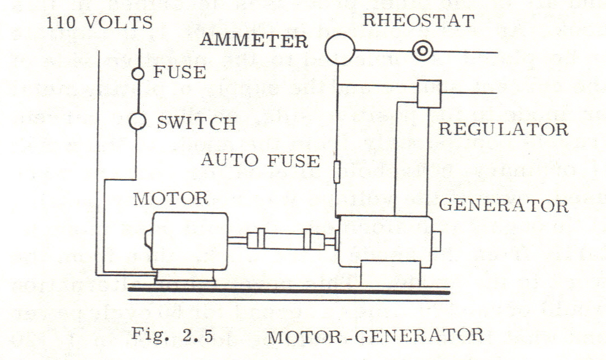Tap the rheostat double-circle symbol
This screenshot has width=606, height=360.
(x=422, y=52)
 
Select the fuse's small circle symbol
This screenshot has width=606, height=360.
(x=139, y=73)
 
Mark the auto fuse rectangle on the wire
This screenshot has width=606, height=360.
(x=337, y=171)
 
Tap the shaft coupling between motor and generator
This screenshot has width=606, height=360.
(x=281, y=240)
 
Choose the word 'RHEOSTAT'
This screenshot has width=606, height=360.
(x=418, y=21)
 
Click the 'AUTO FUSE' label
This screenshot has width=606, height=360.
(x=260, y=160)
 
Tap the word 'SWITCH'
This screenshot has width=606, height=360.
(x=197, y=122)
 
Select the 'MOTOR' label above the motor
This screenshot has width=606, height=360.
(x=170, y=198)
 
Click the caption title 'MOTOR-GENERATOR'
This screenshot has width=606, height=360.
(x=375, y=335)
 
